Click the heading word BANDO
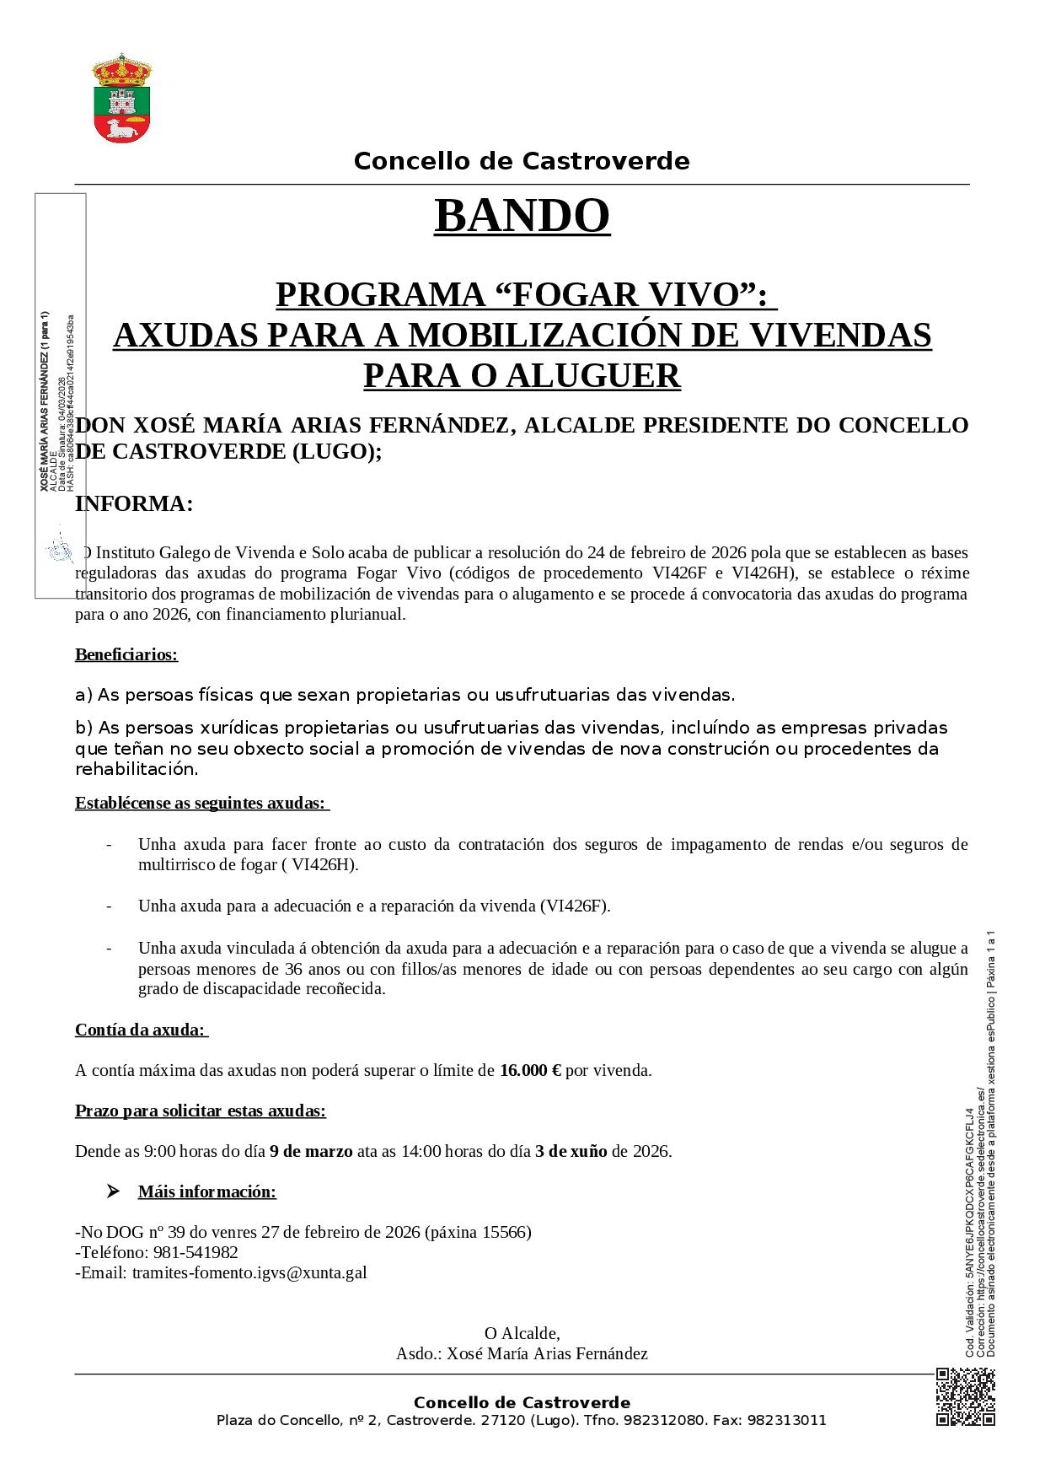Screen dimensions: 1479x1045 [x=522, y=216]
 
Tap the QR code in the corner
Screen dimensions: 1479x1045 [x=965, y=1397]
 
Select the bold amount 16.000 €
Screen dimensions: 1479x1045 [x=530, y=1070]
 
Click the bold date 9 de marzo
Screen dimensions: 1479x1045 [x=311, y=1151]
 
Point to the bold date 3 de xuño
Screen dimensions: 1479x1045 [x=571, y=1151]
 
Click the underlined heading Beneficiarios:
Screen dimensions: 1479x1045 [x=126, y=654]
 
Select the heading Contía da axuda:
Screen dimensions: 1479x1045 [x=140, y=1030]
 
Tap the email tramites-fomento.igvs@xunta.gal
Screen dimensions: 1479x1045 [x=249, y=1272]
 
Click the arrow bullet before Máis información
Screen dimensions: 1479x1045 [x=113, y=1191]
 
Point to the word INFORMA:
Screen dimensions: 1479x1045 [x=134, y=504]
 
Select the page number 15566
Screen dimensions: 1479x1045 [x=505, y=1232]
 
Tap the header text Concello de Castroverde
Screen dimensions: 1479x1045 [x=522, y=161]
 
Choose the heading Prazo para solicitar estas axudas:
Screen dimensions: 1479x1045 [x=201, y=1111]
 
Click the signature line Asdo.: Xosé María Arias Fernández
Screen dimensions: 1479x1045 [x=522, y=1353]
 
